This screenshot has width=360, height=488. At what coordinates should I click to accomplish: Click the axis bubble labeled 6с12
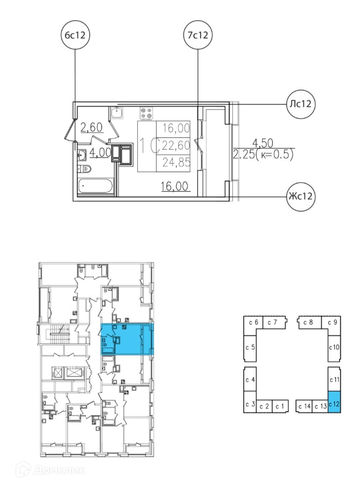(x=75, y=35)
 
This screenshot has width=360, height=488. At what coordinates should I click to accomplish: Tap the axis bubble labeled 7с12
(x=198, y=35)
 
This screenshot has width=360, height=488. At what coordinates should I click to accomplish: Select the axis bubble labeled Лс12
(x=300, y=104)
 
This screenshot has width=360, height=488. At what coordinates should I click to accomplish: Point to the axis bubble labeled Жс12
(x=300, y=196)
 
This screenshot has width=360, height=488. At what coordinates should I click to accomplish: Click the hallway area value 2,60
(x=92, y=128)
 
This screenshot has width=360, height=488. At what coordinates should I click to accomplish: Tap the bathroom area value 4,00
(x=100, y=153)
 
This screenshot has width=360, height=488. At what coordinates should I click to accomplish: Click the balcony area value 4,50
(x=262, y=143)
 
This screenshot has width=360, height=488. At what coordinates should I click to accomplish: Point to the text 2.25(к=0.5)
(x=264, y=154)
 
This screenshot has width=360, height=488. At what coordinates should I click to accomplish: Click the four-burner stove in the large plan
(x=147, y=113)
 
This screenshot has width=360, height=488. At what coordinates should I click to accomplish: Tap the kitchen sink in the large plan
(x=117, y=113)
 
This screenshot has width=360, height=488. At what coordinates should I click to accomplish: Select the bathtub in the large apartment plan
(x=95, y=186)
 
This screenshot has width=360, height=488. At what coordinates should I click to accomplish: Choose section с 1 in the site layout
(x=280, y=406)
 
